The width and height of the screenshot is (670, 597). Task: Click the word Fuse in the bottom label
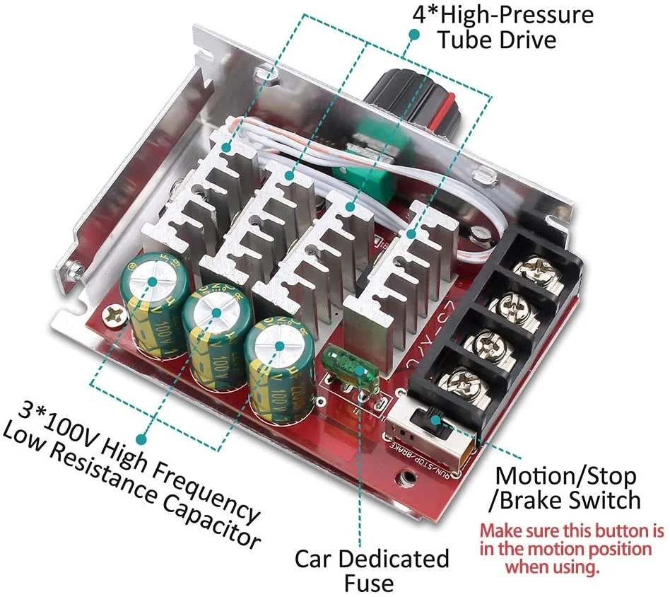pyautogui.click(x=369, y=583)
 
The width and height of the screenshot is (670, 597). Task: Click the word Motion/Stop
pyautogui.click(x=565, y=475)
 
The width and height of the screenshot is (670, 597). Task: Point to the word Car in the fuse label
pyautogui.click(x=315, y=559)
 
